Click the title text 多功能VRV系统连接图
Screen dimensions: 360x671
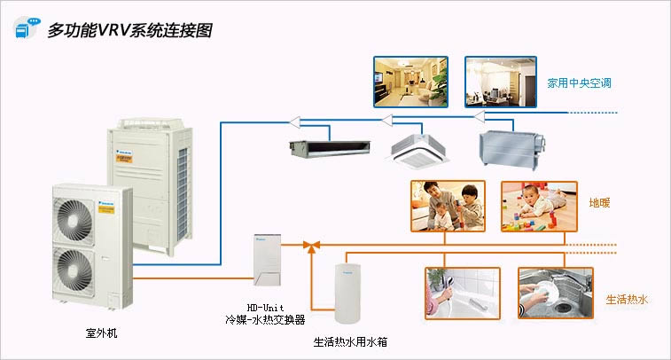coord(129,29)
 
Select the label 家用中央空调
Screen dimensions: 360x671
coord(580,83)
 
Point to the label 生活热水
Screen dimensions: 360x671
coord(627,300)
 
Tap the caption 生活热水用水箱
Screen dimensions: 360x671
coord(350,340)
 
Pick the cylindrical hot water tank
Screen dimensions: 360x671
coord(350,292)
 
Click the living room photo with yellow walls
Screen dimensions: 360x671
coord(410,82)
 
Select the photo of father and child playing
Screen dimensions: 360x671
coord(449,207)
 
